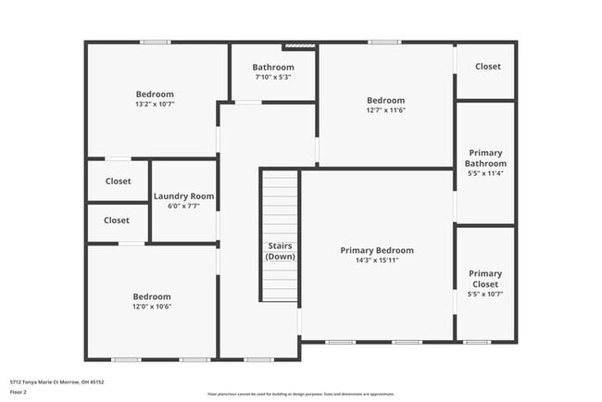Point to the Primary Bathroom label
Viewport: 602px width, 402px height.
point(487,157)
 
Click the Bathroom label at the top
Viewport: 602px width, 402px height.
point(273,67)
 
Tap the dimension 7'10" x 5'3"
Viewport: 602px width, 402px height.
point(273,77)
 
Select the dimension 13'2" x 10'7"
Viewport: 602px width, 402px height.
point(155,104)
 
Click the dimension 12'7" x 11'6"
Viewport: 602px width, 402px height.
point(385,110)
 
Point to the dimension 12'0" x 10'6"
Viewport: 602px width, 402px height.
point(152,307)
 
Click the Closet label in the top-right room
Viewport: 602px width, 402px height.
point(488,66)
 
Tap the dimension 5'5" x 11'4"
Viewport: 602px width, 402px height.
point(487,172)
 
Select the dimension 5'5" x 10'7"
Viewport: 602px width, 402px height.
point(485,295)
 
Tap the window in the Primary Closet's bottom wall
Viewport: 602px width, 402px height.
point(477,343)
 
